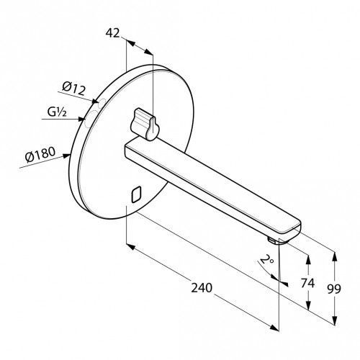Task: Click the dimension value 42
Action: coord(112,33)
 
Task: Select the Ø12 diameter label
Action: coord(74,89)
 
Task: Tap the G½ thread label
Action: coord(57,112)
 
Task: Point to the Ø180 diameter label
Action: coord(40,155)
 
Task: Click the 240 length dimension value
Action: coord(202,288)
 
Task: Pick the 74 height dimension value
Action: coord(307,283)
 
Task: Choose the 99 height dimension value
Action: coord(334,289)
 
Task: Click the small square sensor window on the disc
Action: coord(136,194)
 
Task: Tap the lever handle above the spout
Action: coord(145,124)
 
